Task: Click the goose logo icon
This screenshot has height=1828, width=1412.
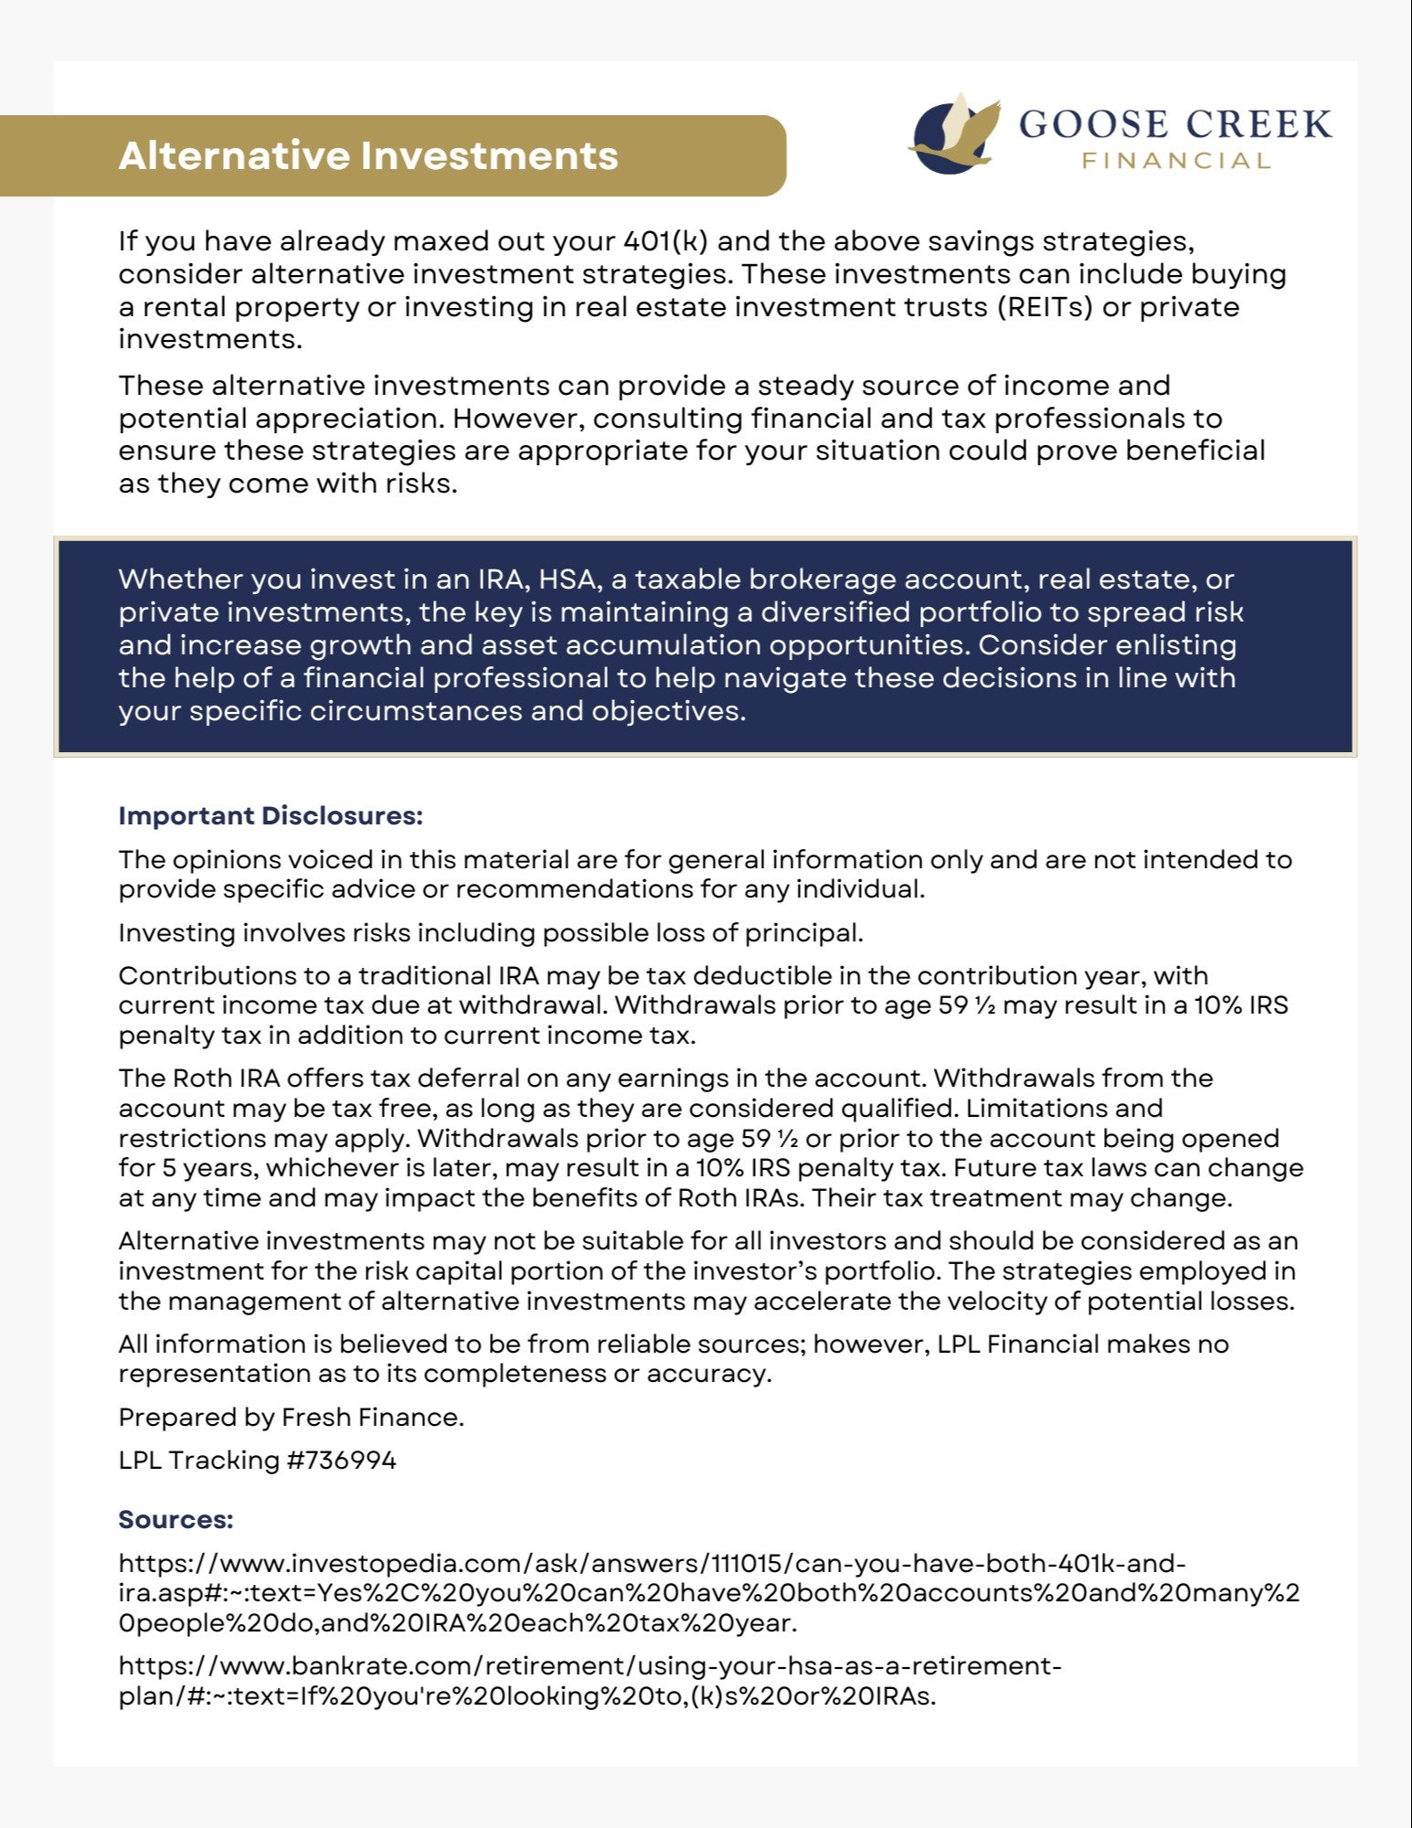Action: tap(953, 133)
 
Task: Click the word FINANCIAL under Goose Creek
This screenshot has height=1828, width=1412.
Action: tap(1176, 162)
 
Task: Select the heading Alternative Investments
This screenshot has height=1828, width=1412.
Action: tap(368, 155)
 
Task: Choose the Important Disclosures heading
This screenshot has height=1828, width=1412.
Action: tap(271, 815)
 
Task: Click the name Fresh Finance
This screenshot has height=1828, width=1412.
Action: tap(372, 1418)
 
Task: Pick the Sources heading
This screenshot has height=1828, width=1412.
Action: tap(175, 1520)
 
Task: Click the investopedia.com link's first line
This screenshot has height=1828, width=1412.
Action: tap(652, 1564)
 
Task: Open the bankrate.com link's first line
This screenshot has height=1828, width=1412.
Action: tap(589, 1666)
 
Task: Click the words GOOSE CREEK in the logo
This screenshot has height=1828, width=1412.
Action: tap(1175, 124)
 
